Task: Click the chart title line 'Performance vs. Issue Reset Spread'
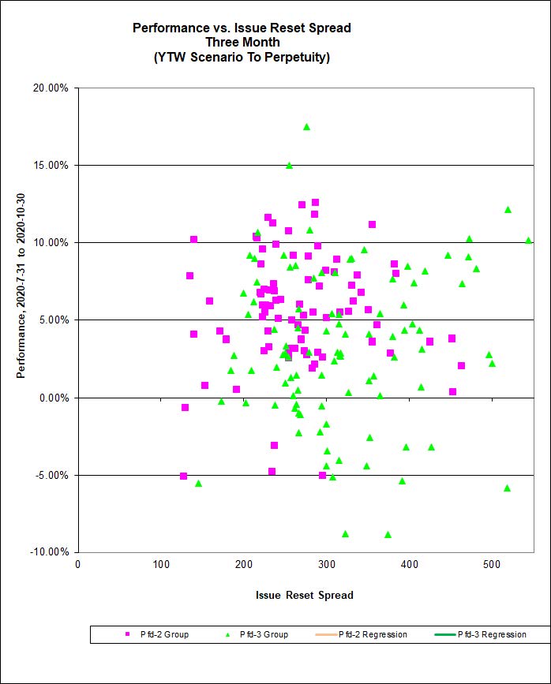point(242,28)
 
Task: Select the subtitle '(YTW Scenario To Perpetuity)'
point(242,57)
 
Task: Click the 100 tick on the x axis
point(161,565)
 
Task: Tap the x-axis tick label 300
point(244,565)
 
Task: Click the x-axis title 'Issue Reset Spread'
point(305,595)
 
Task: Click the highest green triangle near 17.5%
point(306,126)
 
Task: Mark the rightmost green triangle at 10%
point(528,240)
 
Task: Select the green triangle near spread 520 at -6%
point(507,488)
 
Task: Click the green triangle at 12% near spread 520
point(508,209)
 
